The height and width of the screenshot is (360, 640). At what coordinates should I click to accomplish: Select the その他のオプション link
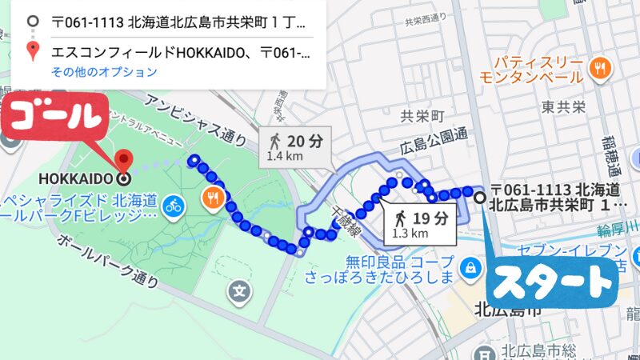point(104,72)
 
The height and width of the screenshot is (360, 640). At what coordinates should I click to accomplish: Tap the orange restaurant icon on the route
point(213,197)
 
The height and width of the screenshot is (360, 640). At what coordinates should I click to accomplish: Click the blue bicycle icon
point(173,206)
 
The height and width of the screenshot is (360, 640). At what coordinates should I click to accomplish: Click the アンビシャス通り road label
point(195,119)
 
